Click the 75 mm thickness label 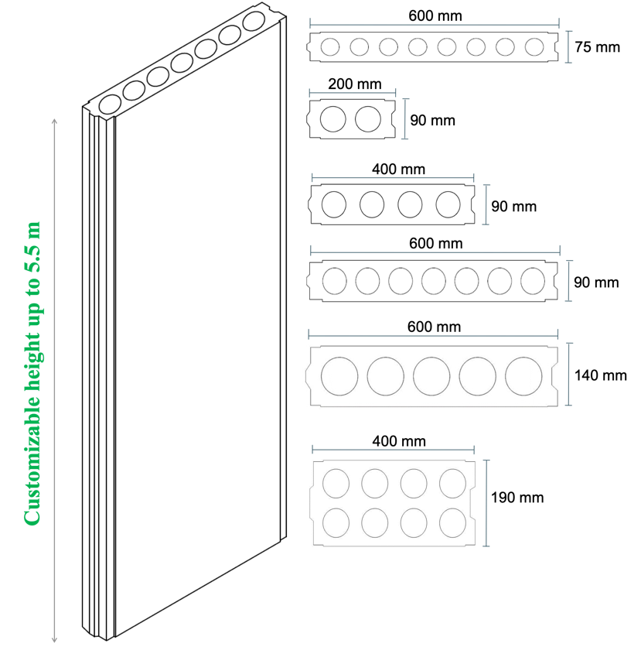click(x=597, y=47)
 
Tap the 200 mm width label click(x=354, y=84)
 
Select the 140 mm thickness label click(x=601, y=375)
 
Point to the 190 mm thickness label click(x=517, y=497)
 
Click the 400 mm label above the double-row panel click(x=399, y=441)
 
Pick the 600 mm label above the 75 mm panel click(x=435, y=15)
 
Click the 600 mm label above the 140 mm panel click(x=434, y=327)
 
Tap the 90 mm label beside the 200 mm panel click(x=432, y=120)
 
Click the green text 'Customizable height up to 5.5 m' click(x=32, y=374)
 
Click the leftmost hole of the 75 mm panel click(x=330, y=47)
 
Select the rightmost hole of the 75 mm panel click(x=534, y=47)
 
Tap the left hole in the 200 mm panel click(x=333, y=119)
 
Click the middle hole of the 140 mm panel click(x=431, y=376)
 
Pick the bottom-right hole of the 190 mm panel click(x=452, y=523)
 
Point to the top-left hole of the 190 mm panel click(x=336, y=483)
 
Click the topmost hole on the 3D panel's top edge click(x=254, y=21)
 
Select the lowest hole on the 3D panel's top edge click(x=110, y=104)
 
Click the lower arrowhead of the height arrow click(x=54, y=640)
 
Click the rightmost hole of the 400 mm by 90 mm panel click(x=448, y=204)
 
